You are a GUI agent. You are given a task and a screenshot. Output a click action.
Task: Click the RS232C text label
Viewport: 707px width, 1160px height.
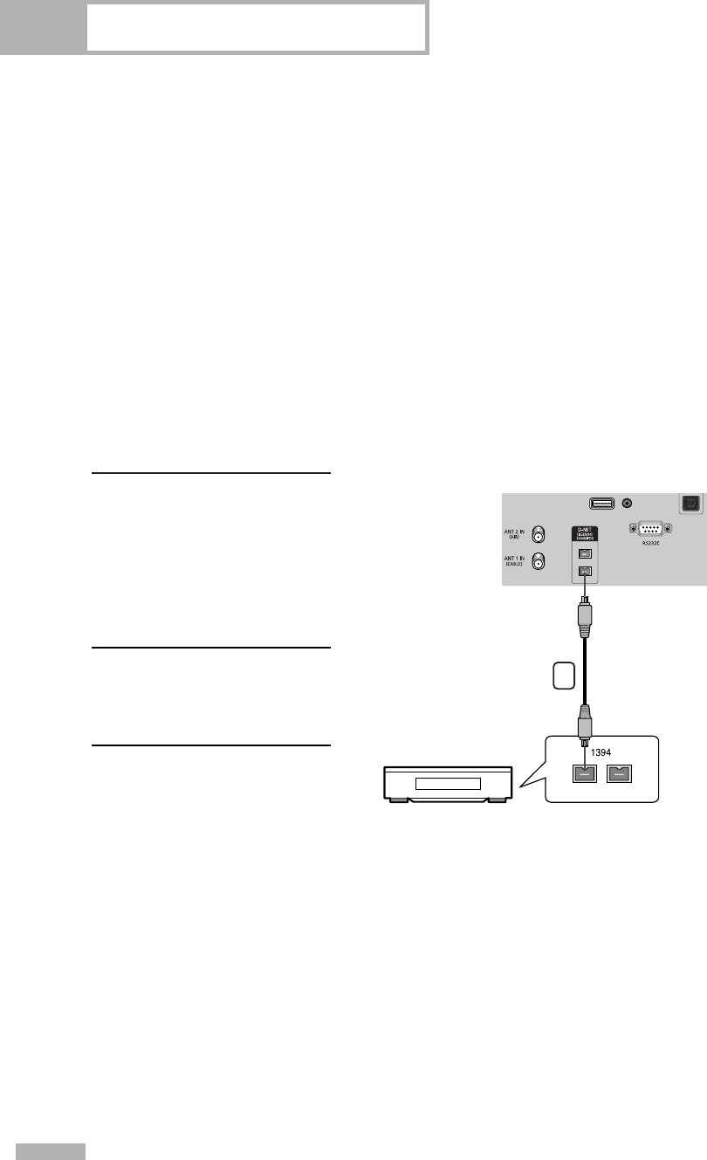tap(648, 546)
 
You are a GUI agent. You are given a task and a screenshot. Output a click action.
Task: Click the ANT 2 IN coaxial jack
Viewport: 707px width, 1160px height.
tap(540, 532)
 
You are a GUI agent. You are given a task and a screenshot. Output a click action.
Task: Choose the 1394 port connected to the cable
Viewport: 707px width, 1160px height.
tap(586, 772)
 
